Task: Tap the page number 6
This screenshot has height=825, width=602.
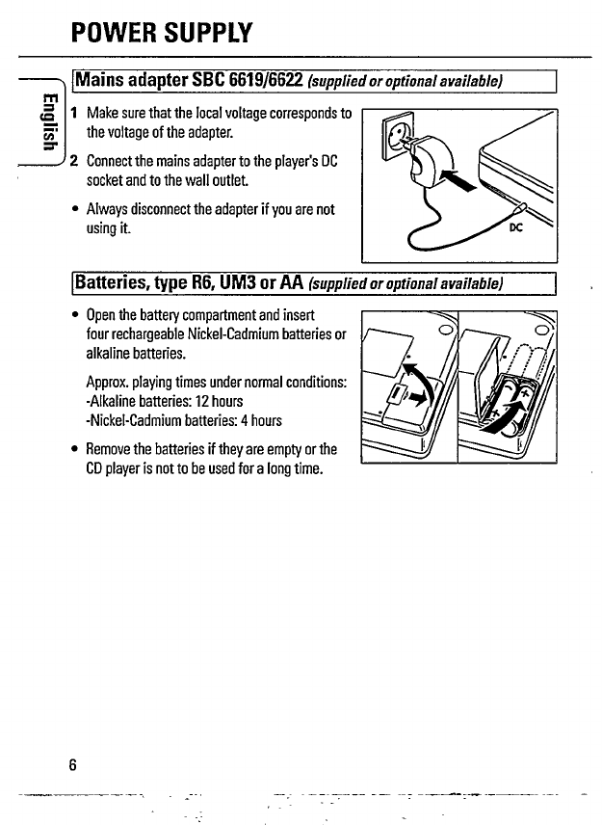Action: click(72, 764)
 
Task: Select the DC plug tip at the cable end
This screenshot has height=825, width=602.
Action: click(520, 207)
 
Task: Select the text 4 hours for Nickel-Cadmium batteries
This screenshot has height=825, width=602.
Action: click(254, 419)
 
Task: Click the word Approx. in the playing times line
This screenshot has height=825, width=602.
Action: click(109, 382)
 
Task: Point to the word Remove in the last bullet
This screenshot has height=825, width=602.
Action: click(113, 449)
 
